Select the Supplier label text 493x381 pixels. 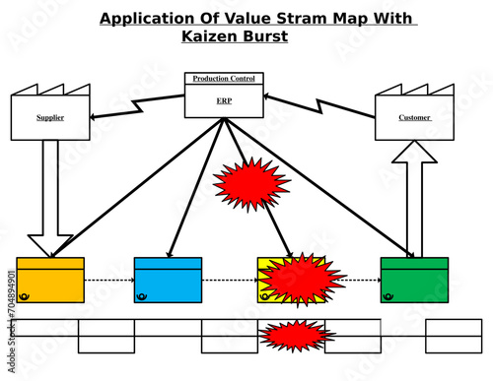(50, 117)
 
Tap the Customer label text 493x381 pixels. (414, 117)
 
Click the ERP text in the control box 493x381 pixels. (224, 100)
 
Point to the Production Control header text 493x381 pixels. (224, 79)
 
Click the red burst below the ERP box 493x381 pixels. (251, 183)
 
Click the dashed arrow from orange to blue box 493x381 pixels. (108, 281)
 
